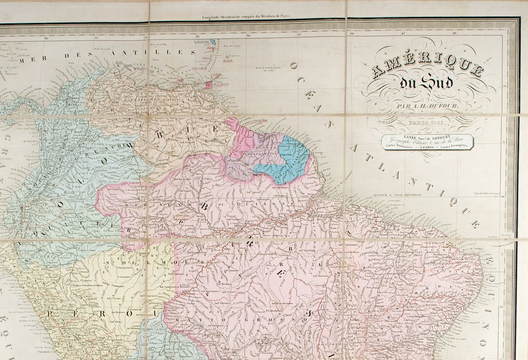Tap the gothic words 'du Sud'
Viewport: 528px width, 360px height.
pos(427,83)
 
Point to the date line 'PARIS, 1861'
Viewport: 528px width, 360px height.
pos(427,123)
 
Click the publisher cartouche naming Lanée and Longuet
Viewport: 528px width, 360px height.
pos(428,142)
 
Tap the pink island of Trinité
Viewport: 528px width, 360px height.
pos(209,84)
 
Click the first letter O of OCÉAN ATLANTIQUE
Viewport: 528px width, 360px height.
pos(293,66)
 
